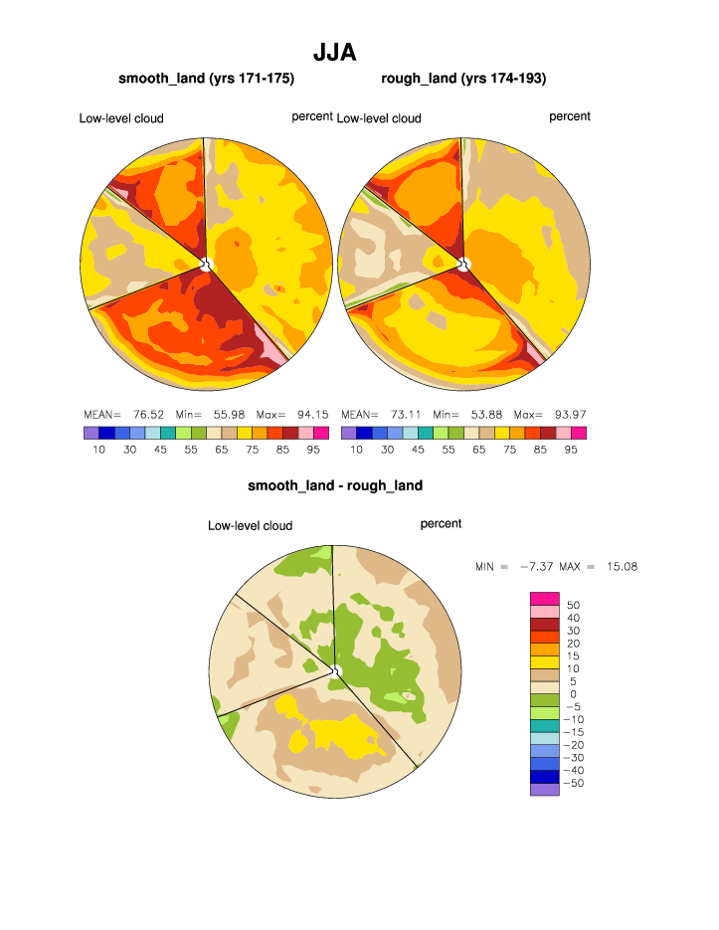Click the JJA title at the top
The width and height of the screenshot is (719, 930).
335,52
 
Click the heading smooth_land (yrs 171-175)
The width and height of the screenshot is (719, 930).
207,78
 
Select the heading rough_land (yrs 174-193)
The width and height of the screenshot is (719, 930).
463,78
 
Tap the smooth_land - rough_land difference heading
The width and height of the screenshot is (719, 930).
335,485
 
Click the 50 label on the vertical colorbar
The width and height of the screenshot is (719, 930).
573,605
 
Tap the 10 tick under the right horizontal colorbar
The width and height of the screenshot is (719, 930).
356,450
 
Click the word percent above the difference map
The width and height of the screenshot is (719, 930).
441,523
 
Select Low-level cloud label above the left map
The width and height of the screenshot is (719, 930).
121,118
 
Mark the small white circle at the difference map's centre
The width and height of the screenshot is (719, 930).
335,672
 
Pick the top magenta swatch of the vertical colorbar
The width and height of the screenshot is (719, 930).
544,597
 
